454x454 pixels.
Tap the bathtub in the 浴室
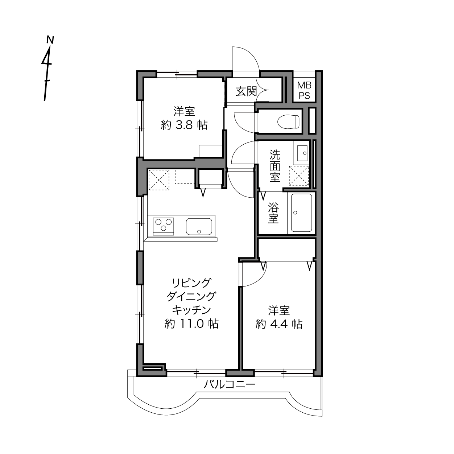click(302, 213)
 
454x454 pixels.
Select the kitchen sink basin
click(199, 226)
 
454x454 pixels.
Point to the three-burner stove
click(164, 226)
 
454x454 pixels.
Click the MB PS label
click(304, 90)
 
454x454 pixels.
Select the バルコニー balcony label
click(230, 385)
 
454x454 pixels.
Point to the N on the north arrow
click(50, 40)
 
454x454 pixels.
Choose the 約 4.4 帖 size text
click(279, 324)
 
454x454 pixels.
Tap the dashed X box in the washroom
click(299, 176)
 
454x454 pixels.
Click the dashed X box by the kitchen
click(159, 179)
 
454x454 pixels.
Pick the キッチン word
click(191, 310)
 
